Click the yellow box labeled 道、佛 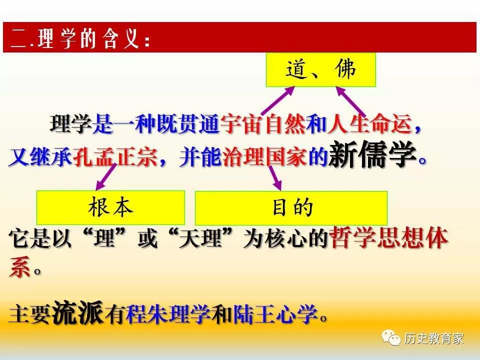(320, 70)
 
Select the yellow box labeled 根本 (110, 207)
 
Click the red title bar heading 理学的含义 (239, 37)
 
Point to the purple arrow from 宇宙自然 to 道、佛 (277, 100)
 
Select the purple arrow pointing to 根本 (106, 177)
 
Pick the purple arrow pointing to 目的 (275, 178)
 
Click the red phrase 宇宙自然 (262, 124)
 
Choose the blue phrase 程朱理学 (168, 314)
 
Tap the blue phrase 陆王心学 (275, 314)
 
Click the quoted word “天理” (201, 238)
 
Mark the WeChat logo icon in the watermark (390, 337)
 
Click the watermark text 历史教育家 (434, 338)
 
